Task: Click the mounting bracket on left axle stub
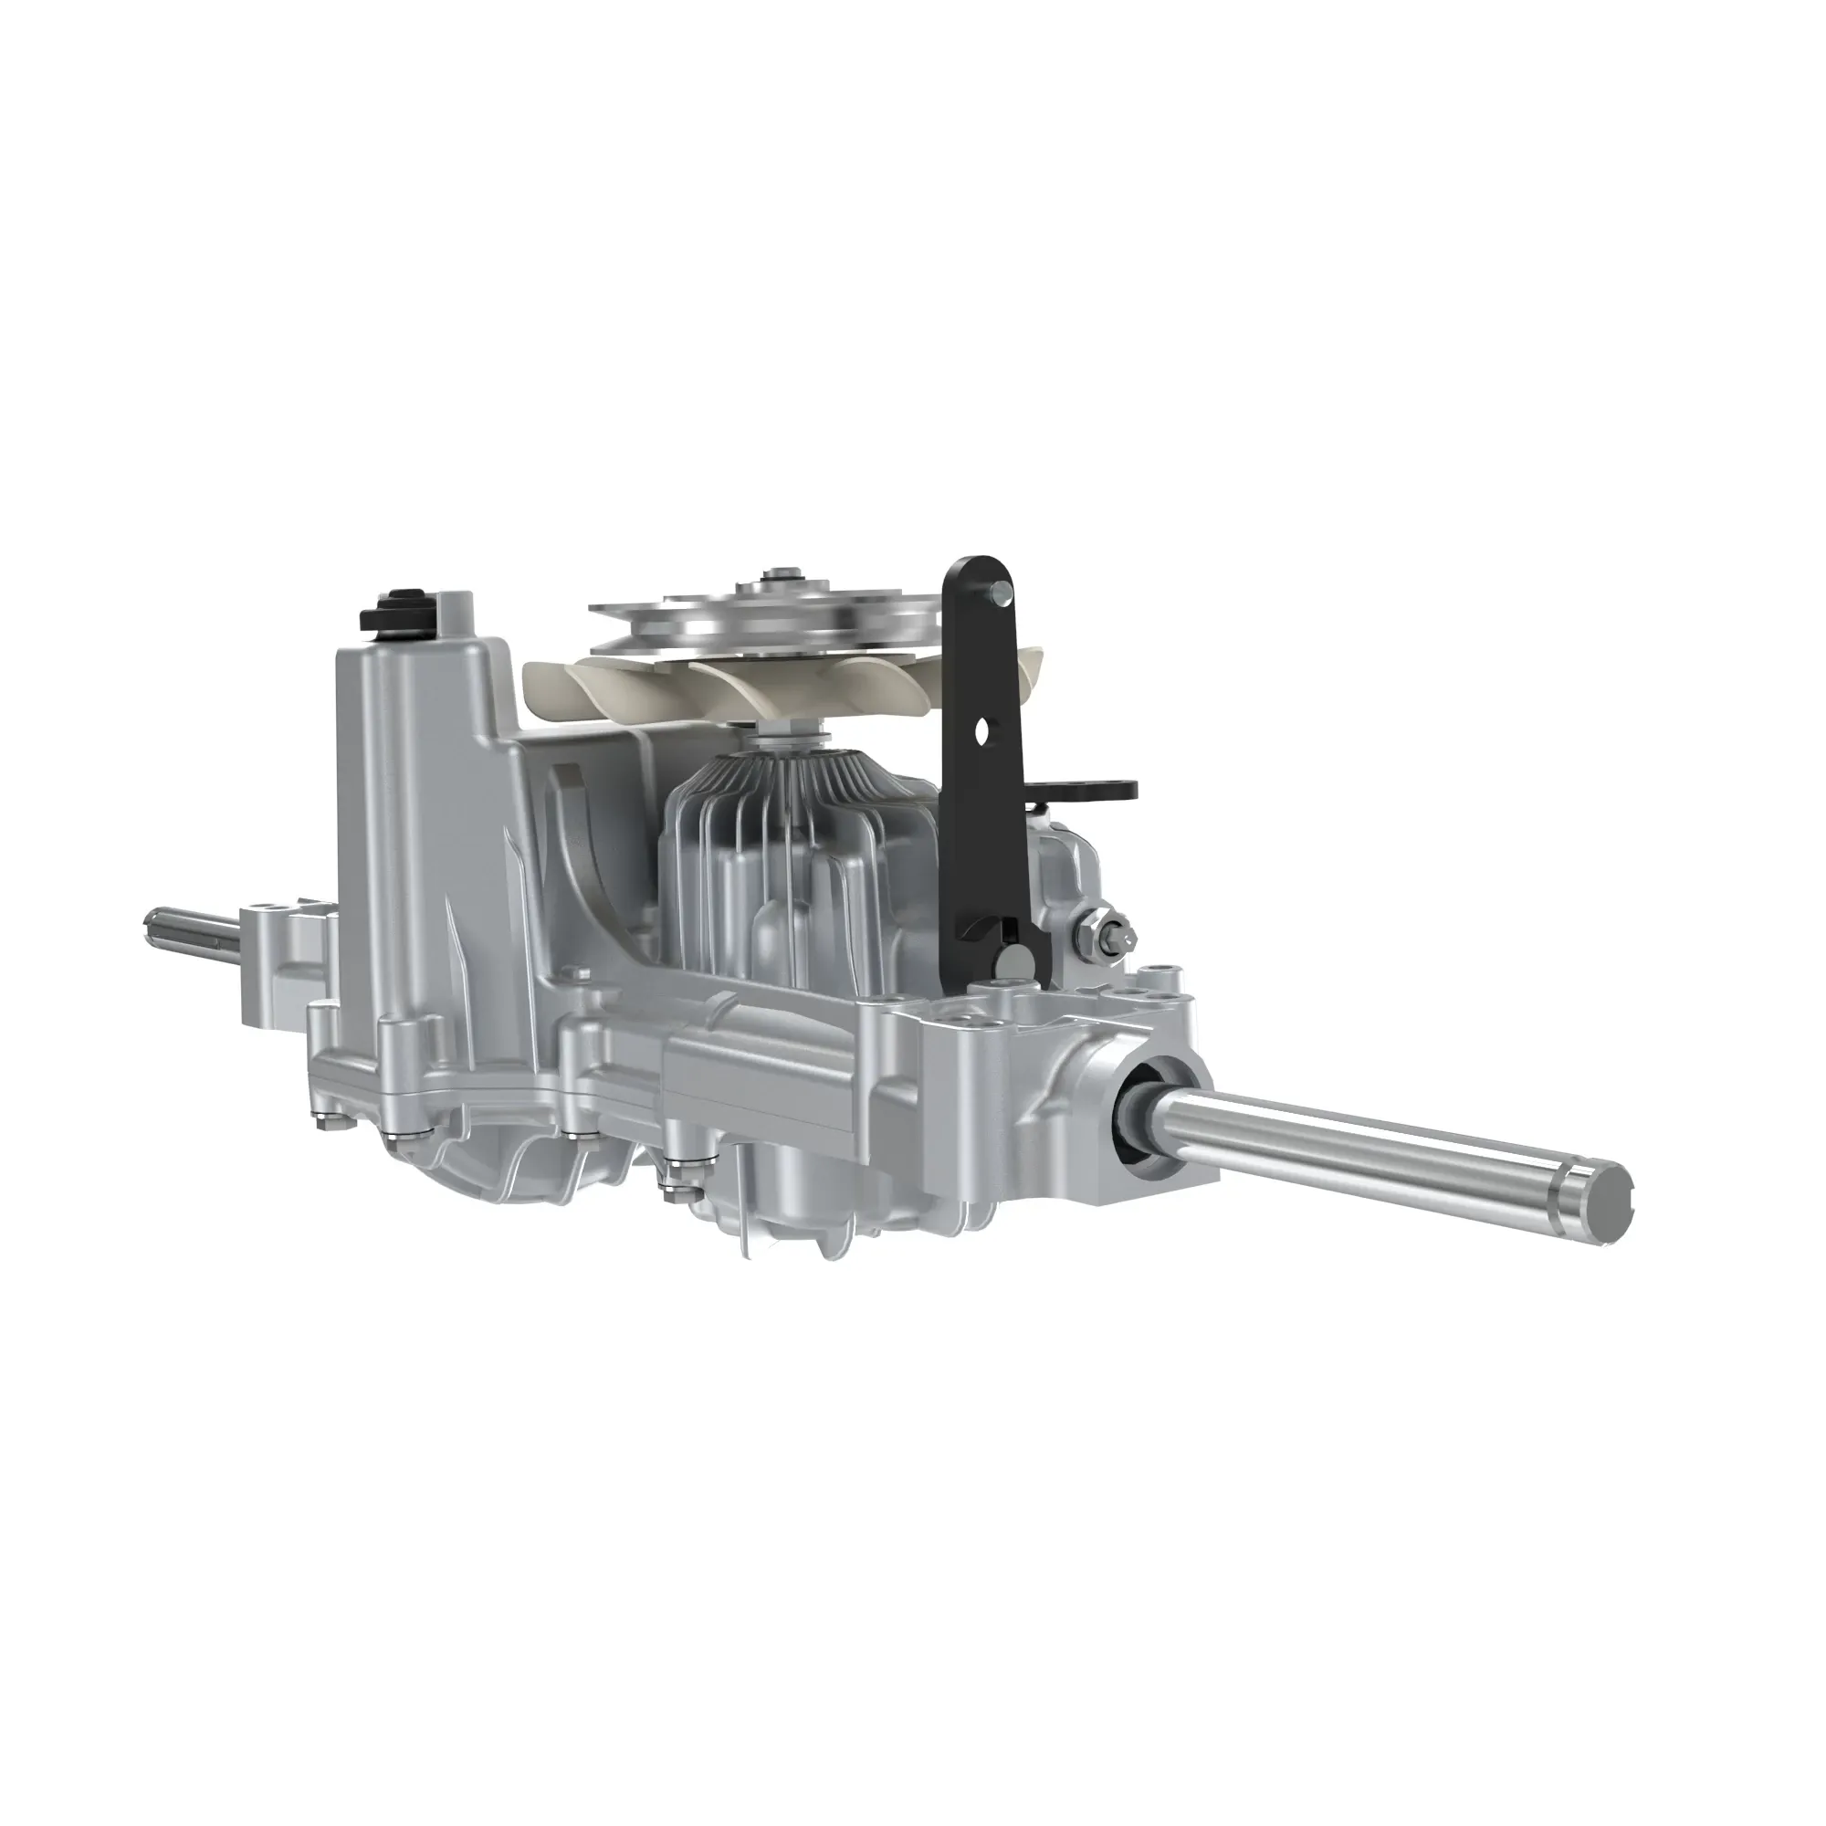284,955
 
